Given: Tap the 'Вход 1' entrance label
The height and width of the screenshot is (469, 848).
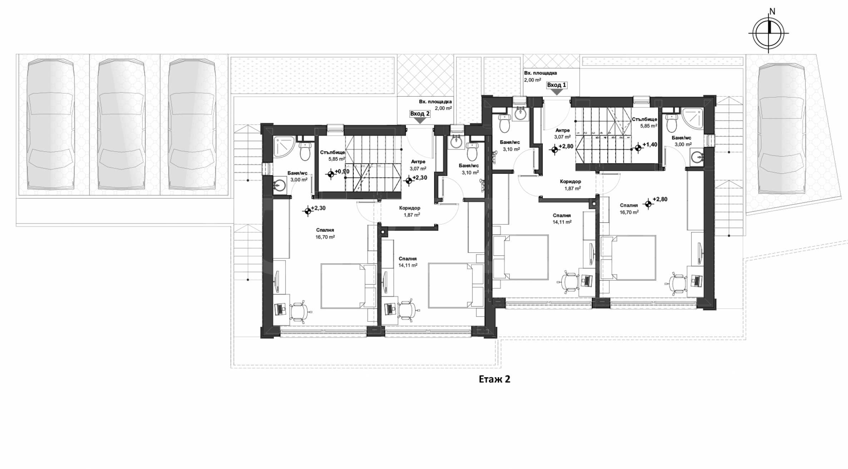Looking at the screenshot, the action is tap(556, 85).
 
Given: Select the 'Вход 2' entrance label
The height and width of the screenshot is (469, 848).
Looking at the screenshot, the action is tap(420, 114).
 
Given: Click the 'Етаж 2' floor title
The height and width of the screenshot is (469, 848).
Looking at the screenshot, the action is tap(494, 379).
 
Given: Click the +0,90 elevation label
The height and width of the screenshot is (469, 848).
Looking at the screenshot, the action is tap(342, 171).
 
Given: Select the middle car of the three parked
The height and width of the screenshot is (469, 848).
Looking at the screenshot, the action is tap(122, 124).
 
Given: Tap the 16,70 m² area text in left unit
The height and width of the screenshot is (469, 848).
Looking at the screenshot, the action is tap(325, 237).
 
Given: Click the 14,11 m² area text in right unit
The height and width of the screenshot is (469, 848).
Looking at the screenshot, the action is tap(562, 222).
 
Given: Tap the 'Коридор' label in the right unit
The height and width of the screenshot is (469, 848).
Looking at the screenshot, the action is tap(570, 182).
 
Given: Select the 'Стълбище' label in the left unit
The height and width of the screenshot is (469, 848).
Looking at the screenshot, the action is tap(332, 152).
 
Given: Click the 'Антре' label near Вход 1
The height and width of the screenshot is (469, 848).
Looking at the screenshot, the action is tap(562, 131).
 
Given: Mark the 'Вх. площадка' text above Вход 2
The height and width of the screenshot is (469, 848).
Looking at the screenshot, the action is tap(435, 102).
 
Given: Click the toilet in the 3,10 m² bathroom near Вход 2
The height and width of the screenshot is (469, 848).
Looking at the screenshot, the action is tap(472, 152).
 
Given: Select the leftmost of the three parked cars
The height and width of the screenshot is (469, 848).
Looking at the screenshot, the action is tap(51, 124).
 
